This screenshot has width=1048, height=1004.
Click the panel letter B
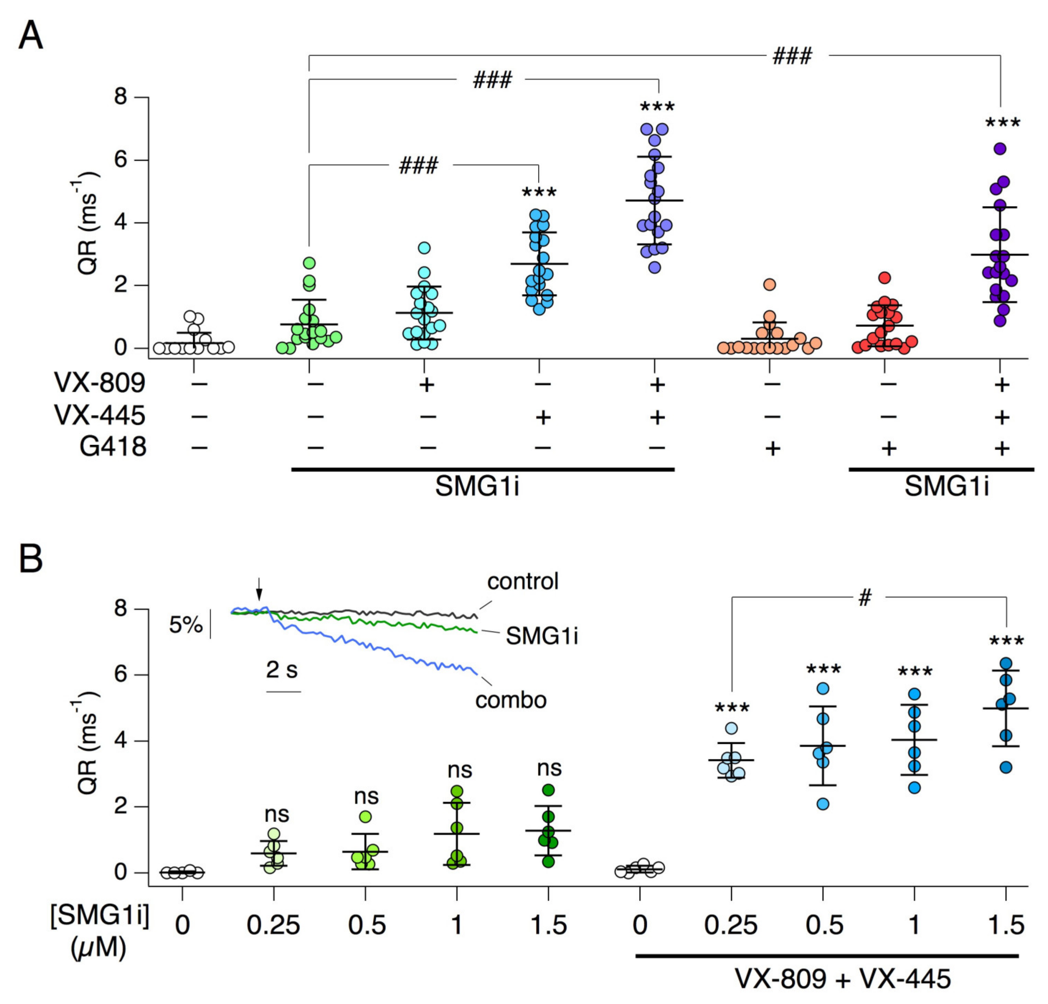[31, 559]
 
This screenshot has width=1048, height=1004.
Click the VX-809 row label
[100, 383]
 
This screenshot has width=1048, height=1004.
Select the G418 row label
[113, 446]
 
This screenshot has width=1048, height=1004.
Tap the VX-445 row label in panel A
[100, 415]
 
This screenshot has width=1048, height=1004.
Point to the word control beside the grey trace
[522, 581]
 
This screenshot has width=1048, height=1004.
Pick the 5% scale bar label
[186, 624]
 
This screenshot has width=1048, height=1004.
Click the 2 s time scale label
[282, 669]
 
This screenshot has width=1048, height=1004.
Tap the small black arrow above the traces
[259, 589]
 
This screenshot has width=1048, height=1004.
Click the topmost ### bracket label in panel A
[793, 56]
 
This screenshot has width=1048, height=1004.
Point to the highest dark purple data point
[1000, 149]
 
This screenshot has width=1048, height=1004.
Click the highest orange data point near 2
[769, 284]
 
